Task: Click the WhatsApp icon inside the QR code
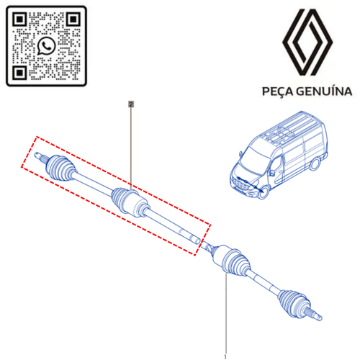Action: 46,45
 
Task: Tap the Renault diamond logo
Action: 307,42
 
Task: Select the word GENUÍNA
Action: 324,91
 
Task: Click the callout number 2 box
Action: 131,104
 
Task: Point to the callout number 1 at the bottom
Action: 225,357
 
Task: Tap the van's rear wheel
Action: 315,164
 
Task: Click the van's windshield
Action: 254,160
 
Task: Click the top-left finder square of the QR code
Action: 19,19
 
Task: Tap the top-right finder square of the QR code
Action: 73,19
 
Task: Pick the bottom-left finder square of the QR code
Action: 19,73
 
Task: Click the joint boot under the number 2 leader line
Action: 120,199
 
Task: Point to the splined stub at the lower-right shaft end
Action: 314,314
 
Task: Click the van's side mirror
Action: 271,172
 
